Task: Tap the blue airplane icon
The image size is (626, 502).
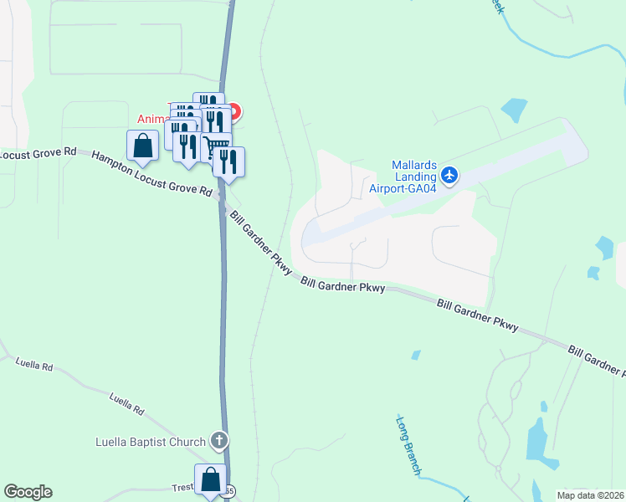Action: (449, 175)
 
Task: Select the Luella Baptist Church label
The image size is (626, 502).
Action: (151, 442)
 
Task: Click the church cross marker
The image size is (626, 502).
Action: (219, 440)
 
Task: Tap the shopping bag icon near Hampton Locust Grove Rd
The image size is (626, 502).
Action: (143, 146)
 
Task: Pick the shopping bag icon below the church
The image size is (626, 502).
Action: (210, 479)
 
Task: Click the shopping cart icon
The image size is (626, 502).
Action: (217, 148)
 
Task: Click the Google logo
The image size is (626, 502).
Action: (28, 492)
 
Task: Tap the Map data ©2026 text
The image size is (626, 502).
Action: (591, 494)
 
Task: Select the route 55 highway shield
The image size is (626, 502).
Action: (229, 490)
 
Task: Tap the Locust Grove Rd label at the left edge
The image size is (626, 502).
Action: (38, 153)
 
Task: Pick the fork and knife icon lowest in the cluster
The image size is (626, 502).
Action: (228, 161)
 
